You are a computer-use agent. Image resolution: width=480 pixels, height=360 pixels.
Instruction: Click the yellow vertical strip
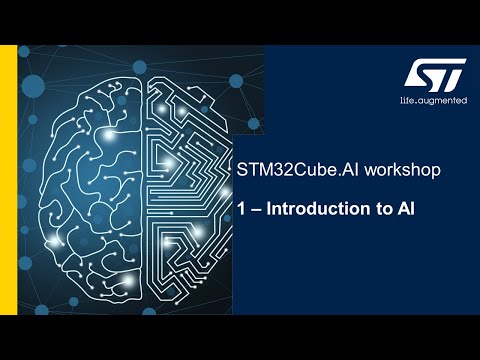tap(8, 180)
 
